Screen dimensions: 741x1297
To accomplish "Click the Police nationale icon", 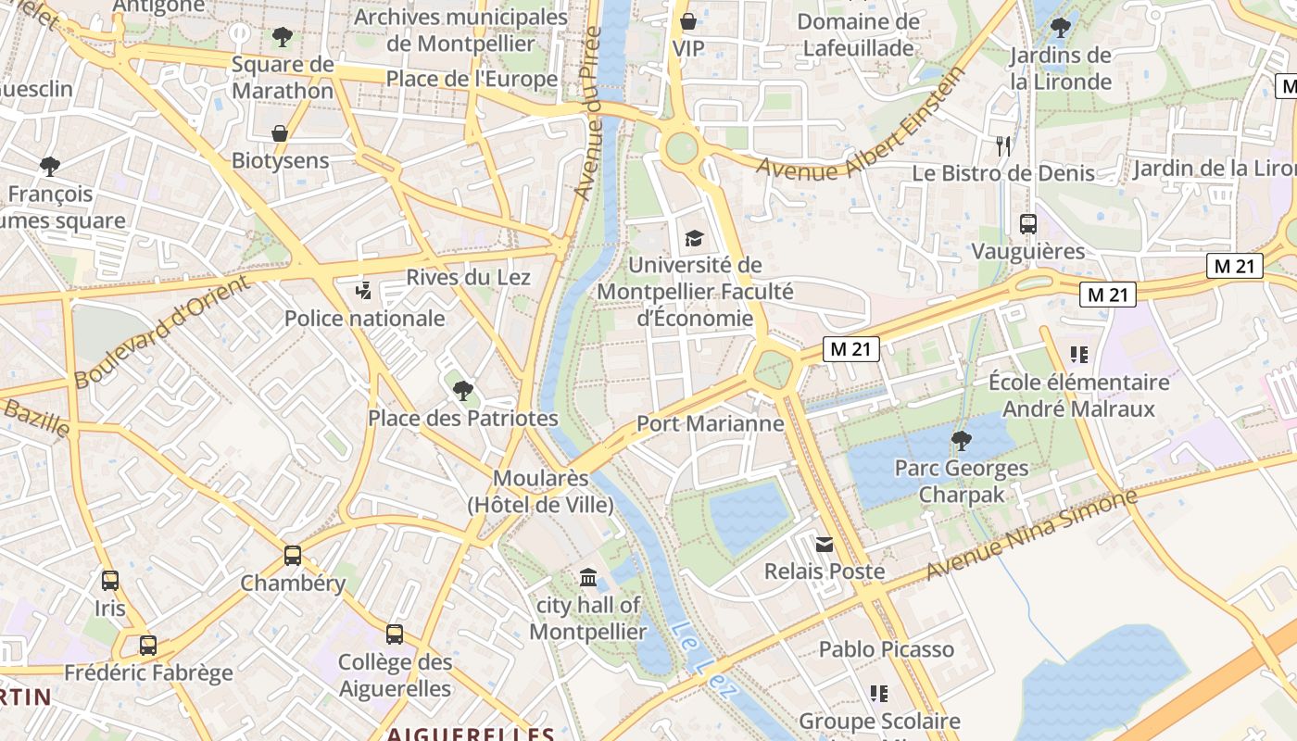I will click(x=363, y=291).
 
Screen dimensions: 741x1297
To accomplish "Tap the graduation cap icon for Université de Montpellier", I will click(x=694, y=239).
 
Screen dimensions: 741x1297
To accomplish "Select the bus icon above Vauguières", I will click(x=1028, y=223).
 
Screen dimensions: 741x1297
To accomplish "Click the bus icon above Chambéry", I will click(x=293, y=556).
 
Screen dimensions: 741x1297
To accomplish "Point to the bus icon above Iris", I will click(x=110, y=581).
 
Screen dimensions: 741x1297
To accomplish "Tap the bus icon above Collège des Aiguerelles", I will click(x=395, y=634).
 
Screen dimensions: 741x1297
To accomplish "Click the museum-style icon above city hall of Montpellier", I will click(x=588, y=578).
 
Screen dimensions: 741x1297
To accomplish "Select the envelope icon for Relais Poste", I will click(x=825, y=544).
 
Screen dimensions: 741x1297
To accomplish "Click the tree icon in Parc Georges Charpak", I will click(x=962, y=441).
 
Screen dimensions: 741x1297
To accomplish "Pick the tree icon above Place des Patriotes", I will click(x=463, y=391).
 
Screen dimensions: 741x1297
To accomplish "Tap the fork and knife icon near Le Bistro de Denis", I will click(x=1002, y=145).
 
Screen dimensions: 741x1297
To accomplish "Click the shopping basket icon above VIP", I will click(x=688, y=20).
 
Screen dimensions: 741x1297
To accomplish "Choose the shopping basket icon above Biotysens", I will click(x=280, y=133).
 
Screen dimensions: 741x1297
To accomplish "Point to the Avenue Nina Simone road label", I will click(x=1031, y=534).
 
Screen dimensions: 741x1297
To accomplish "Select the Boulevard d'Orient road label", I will click(x=163, y=332).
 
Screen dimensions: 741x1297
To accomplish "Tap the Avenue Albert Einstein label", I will click(x=862, y=125).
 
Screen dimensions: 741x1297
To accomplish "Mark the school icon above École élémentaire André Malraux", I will click(x=1078, y=354).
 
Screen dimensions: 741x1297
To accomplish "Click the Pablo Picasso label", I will click(x=886, y=649).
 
